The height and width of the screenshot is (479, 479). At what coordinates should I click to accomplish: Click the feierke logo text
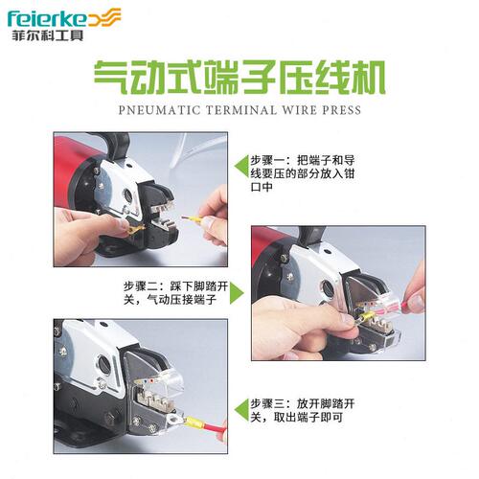pos(47,19)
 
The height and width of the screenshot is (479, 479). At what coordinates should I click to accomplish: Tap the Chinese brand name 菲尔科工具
pos(48,34)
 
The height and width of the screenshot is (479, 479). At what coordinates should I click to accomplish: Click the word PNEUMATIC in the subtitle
pos(159,110)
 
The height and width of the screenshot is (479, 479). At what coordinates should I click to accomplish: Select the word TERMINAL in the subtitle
pos(241,110)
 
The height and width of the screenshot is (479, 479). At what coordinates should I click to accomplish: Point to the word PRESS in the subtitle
pos(342,110)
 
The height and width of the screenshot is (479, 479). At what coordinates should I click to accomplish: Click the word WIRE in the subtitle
pos(299,110)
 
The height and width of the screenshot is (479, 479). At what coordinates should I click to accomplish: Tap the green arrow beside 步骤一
pos(241,167)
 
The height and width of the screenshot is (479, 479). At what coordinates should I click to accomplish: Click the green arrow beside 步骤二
pos(237,293)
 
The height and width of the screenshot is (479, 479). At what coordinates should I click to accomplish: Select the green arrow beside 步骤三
pos(241,410)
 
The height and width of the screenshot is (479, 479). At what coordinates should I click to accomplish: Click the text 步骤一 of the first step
pos(267,160)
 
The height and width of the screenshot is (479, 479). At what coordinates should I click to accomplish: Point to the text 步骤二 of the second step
pos(141,286)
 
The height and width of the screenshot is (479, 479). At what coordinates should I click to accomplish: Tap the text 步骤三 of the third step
pos(267,403)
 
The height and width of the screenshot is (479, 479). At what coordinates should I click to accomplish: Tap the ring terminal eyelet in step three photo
pos(172,419)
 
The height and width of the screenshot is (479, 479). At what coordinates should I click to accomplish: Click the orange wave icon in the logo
pos(104,18)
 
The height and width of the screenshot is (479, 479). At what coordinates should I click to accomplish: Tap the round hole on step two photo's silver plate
pos(328,289)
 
